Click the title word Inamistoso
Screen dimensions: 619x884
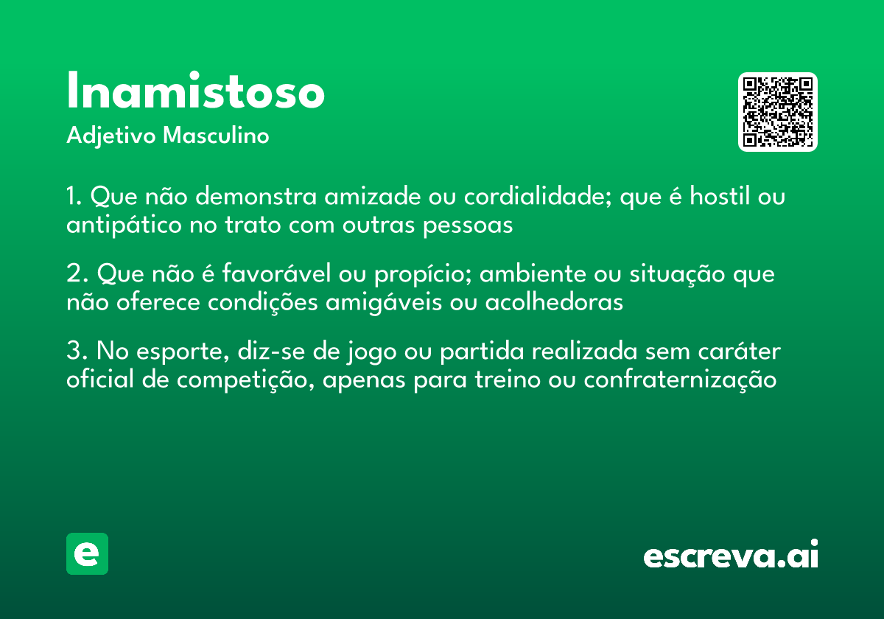[x=195, y=92]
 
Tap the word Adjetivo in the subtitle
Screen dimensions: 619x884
[x=111, y=136]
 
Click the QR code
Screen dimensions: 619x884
[x=778, y=112]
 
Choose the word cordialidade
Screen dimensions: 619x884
[x=538, y=197]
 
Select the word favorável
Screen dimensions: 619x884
[x=271, y=275]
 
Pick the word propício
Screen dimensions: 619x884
[x=417, y=276]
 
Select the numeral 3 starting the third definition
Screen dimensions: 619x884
[x=73, y=352]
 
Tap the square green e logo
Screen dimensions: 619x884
[x=87, y=553]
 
